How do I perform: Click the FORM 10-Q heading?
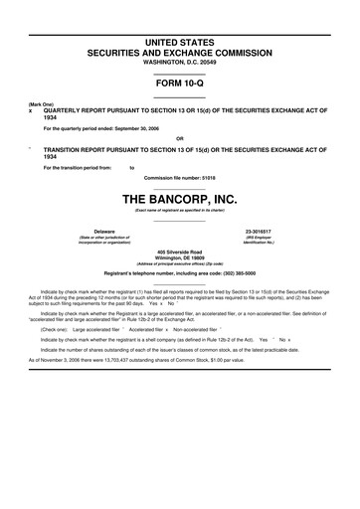(180, 84)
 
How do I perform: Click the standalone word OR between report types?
(180, 138)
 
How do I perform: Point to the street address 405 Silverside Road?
(180, 252)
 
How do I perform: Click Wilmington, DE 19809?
(180, 258)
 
